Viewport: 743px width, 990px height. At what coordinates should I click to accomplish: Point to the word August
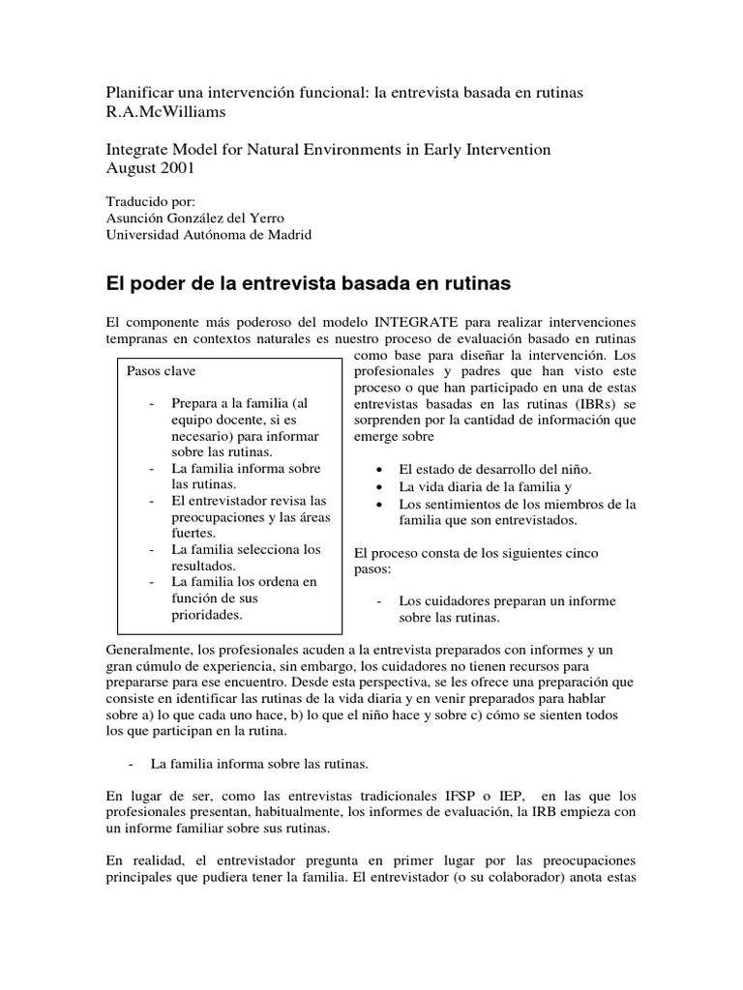131,167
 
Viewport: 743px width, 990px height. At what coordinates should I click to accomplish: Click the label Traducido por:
149,202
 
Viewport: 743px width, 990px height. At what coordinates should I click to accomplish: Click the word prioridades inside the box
208,614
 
